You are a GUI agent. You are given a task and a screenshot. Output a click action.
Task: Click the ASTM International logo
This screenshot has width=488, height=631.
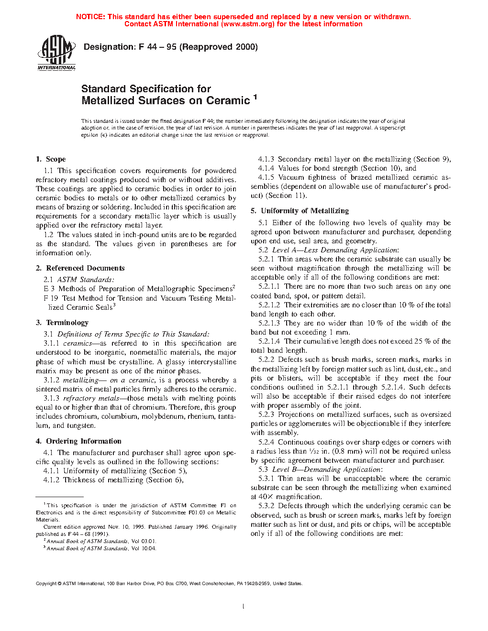click(x=56, y=53)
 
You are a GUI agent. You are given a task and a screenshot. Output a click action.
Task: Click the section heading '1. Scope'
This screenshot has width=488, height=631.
click(x=51, y=159)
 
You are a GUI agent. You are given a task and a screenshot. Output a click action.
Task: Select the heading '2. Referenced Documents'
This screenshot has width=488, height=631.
click(x=80, y=268)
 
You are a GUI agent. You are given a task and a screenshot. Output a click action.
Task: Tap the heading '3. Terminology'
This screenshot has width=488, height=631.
click(x=62, y=323)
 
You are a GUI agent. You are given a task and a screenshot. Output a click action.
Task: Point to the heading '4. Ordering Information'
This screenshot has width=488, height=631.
click(x=78, y=441)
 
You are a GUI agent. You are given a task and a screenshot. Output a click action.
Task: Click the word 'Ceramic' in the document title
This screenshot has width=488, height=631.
click(x=228, y=101)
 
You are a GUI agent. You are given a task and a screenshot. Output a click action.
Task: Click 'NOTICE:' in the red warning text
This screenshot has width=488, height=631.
click(x=90, y=17)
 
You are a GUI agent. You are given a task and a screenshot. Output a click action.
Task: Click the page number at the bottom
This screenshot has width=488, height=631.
click(x=244, y=607)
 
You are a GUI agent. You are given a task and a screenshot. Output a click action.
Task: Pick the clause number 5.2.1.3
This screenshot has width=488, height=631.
click(x=269, y=323)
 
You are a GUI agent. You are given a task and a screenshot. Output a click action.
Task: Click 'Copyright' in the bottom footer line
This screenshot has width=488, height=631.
click(x=46, y=584)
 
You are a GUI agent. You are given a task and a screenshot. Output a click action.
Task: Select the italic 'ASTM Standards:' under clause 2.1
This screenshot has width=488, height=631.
click(x=86, y=280)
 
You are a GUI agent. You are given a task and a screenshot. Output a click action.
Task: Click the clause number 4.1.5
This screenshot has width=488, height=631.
click(x=266, y=177)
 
